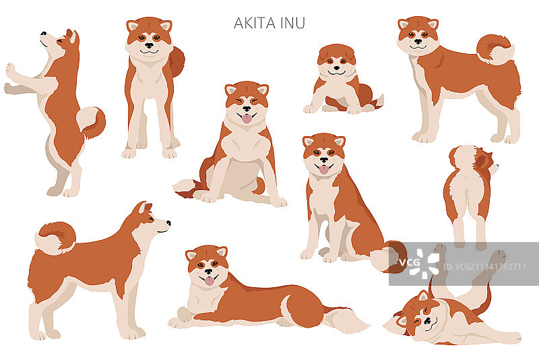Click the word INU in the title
[x=294, y=23]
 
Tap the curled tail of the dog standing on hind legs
[x=92, y=121]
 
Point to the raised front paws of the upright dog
[x=11, y=78]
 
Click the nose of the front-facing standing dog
[x=149, y=46]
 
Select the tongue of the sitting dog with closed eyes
[x=247, y=118]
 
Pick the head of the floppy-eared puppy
[x=337, y=63]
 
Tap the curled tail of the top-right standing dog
[x=495, y=49]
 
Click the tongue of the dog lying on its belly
[x=209, y=280]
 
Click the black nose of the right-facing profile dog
[x=168, y=222]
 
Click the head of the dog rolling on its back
[x=418, y=317]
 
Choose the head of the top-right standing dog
[x=418, y=35]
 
